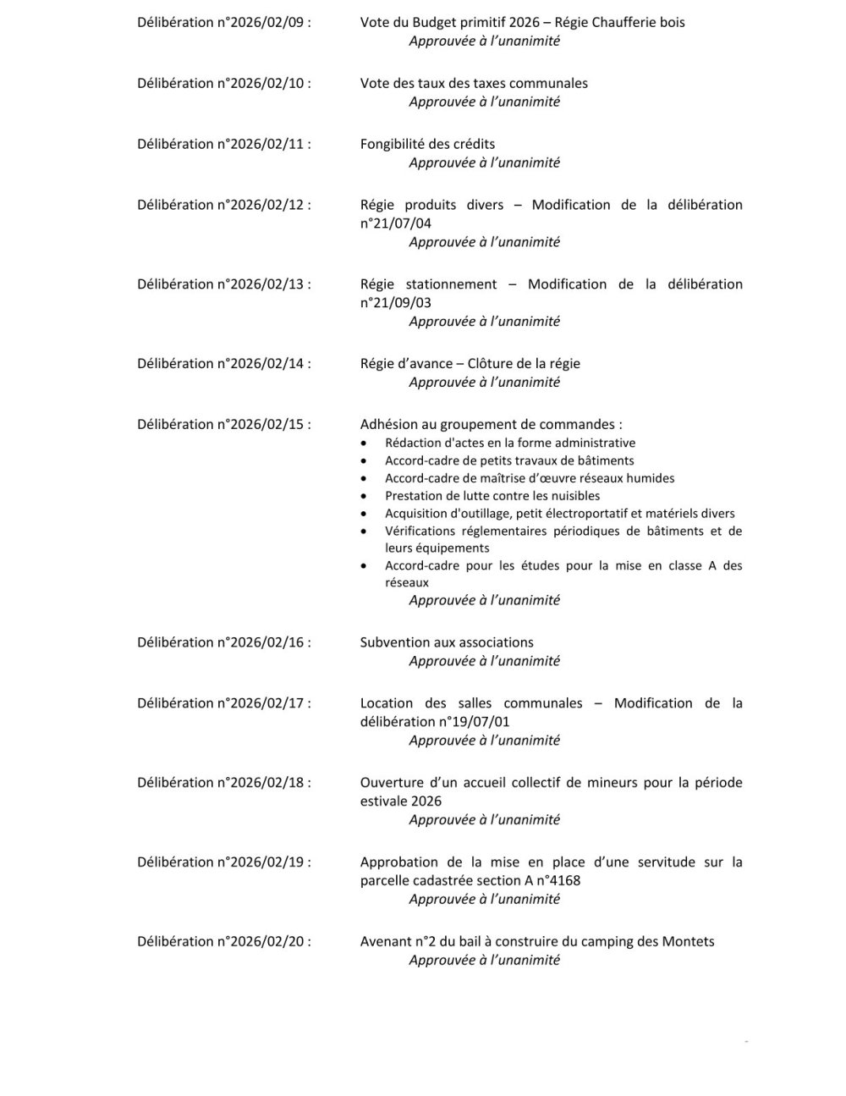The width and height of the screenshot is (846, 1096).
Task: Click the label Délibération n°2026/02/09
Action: (x=223, y=22)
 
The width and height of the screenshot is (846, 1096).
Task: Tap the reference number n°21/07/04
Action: (x=396, y=223)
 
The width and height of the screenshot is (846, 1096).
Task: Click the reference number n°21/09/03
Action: (x=396, y=303)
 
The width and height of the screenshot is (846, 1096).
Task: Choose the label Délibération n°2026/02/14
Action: (x=223, y=364)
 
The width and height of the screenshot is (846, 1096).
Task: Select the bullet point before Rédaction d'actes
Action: (x=364, y=443)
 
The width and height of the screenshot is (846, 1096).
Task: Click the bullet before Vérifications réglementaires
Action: (x=364, y=531)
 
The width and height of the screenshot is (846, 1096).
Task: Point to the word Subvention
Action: (x=394, y=642)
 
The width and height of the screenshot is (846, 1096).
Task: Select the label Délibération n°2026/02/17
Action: (x=223, y=703)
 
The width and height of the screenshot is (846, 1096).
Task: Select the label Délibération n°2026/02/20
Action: (x=223, y=942)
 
